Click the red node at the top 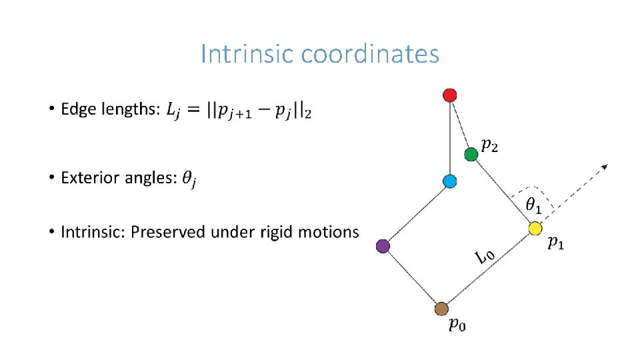pos(450,95)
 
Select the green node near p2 pos(471,155)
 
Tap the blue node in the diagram pos(450,181)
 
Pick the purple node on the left pos(383,246)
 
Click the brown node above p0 pos(441,309)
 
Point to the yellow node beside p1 pos(535,229)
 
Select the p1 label pos(555,243)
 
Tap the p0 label pos(457,325)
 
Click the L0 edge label pos(485,257)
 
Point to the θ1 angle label pos(533,206)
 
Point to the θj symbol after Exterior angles pos(190,179)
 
